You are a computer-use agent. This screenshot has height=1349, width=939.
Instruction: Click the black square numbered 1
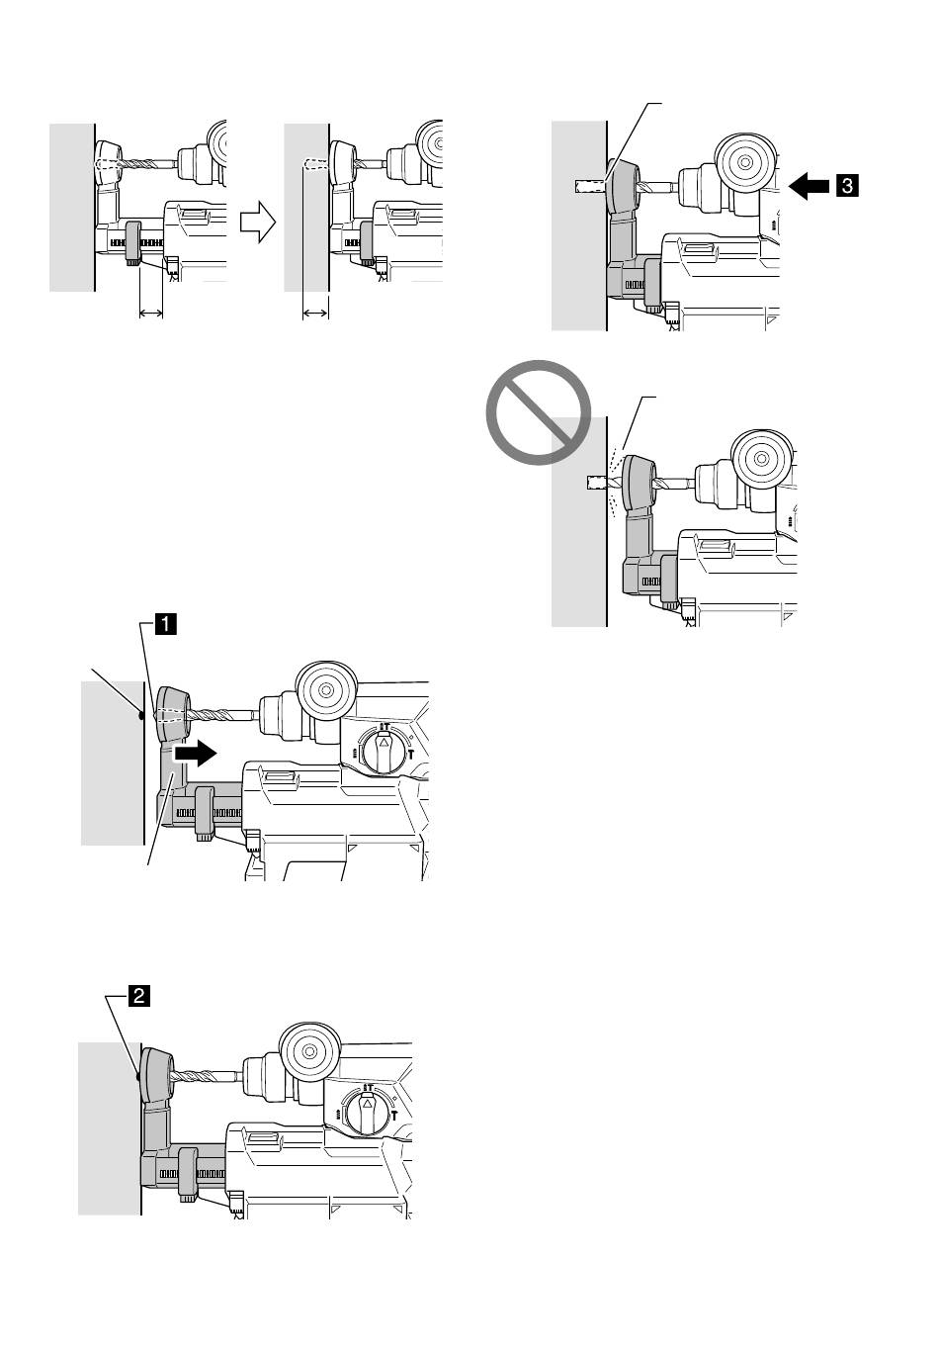pyautogui.click(x=166, y=623)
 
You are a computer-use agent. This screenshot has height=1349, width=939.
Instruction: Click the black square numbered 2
pyautogui.click(x=138, y=996)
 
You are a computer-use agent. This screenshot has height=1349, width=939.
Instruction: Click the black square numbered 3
pyautogui.click(x=846, y=185)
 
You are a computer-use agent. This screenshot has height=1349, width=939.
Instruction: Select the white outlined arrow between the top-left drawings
pyautogui.click(x=258, y=223)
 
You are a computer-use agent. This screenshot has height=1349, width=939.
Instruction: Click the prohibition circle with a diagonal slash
pyautogui.click(x=538, y=412)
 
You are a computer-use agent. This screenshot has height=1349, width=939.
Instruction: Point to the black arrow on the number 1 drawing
pyautogui.click(x=196, y=753)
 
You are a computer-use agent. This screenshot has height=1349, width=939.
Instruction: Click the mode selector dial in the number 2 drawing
pyautogui.click(x=367, y=1110)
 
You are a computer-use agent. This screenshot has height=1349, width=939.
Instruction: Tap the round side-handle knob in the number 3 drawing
pyautogui.click(x=745, y=162)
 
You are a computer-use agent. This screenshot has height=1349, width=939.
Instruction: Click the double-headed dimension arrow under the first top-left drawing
pyautogui.click(x=151, y=313)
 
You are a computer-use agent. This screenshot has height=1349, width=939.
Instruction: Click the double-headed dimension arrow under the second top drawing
pyautogui.click(x=315, y=313)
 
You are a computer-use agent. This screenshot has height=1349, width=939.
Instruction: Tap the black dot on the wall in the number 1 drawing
pyautogui.click(x=140, y=716)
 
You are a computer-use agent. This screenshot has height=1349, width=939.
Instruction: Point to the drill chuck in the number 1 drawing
pyautogui.click(x=280, y=716)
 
